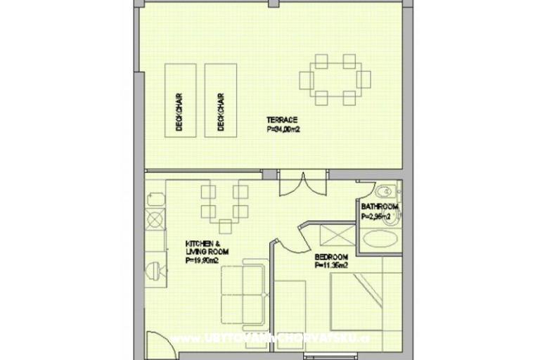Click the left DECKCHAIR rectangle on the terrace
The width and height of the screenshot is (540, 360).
pos(180,100)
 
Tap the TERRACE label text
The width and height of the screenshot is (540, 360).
pos(281,120)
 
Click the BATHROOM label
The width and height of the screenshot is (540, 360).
pos(380,207)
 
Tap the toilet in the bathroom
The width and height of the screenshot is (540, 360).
pos(384,192)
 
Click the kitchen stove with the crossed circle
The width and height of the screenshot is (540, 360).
pos(155,219)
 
